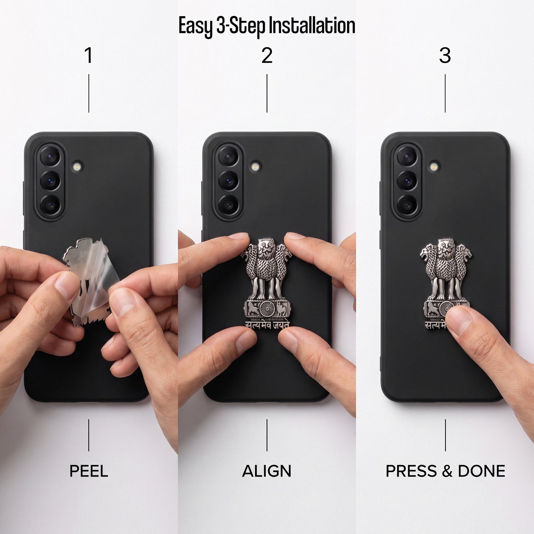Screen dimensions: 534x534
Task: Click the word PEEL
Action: point(89,471)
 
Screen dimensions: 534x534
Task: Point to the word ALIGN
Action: point(267,471)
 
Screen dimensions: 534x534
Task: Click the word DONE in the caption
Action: point(482,471)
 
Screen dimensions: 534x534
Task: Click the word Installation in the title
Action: point(312,26)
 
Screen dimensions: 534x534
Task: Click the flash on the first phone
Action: point(77,167)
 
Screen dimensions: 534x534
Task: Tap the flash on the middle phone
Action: point(255,167)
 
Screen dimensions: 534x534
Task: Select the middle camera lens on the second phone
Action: point(228,181)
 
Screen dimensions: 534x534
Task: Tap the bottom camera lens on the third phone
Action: point(407,205)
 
